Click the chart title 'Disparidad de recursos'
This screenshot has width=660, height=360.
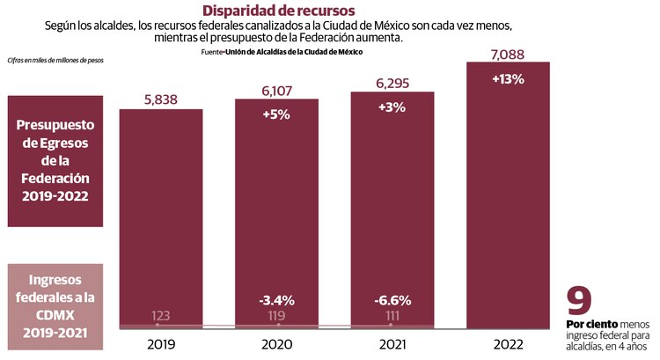(x=279, y=11)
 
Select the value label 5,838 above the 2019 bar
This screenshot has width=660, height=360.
(x=160, y=99)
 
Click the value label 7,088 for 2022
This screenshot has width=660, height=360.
(x=508, y=54)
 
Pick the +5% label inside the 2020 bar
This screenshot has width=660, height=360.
(x=275, y=114)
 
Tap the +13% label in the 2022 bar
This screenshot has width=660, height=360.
(x=508, y=78)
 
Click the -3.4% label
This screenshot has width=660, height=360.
(x=275, y=299)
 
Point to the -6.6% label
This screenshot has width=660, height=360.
(x=392, y=299)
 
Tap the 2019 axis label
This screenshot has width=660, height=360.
(x=160, y=345)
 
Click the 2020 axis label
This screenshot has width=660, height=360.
(x=275, y=345)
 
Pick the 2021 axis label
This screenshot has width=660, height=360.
(x=392, y=345)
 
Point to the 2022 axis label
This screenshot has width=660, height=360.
(x=508, y=345)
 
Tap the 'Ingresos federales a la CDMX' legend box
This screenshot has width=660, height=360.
(x=59, y=297)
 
